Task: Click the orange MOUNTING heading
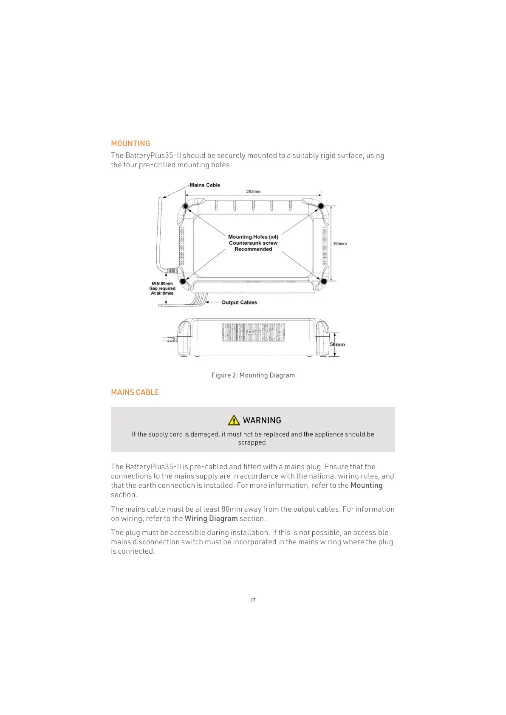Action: pyautogui.click(x=130, y=144)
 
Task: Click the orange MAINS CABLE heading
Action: pyautogui.click(x=135, y=392)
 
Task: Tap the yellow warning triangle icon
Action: pyautogui.click(x=234, y=420)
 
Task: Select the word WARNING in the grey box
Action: pyautogui.click(x=262, y=420)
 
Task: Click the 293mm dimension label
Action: pyautogui.click(x=253, y=191)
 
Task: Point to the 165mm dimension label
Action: pyautogui.click(x=339, y=244)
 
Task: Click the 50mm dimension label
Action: pyautogui.click(x=337, y=344)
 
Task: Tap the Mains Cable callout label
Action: pyautogui.click(x=205, y=185)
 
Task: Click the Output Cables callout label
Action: pyautogui.click(x=239, y=302)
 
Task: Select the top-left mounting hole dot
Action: pyautogui.click(x=185, y=206)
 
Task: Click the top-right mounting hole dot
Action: pyautogui.click(x=321, y=206)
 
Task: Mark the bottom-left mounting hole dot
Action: pyautogui.click(x=183, y=281)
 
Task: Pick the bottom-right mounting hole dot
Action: pyautogui.click(x=324, y=281)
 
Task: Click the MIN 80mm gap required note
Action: pyautogui.click(x=162, y=288)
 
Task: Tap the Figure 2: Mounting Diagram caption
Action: pyautogui.click(x=253, y=375)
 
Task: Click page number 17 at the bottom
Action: pyautogui.click(x=253, y=600)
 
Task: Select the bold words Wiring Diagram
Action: pyautogui.click(x=211, y=518)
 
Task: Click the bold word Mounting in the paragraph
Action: pyautogui.click(x=366, y=485)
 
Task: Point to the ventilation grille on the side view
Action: pyautogui.click(x=253, y=332)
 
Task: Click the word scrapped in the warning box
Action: pyautogui.click(x=252, y=442)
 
